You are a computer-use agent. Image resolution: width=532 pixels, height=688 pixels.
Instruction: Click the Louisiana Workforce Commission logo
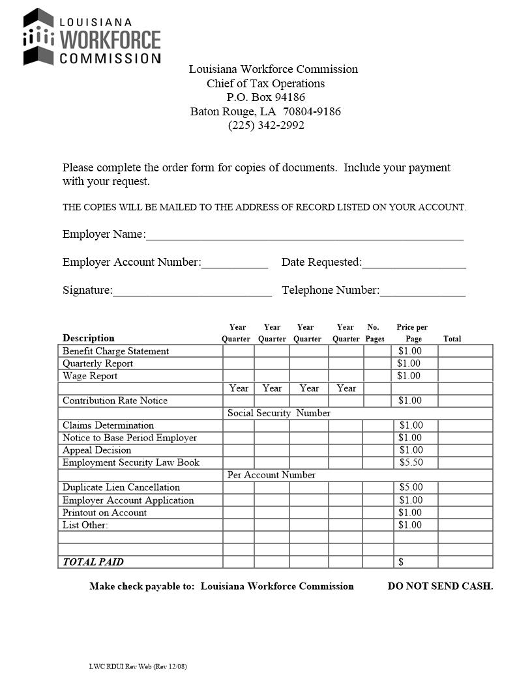pyautogui.click(x=91, y=37)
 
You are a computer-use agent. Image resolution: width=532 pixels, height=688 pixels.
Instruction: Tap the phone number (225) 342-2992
pyautogui.click(x=266, y=126)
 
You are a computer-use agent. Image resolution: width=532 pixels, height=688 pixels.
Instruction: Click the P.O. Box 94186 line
pyautogui.click(x=266, y=98)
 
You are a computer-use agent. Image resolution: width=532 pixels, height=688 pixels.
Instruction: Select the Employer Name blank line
pyautogui.click(x=304, y=235)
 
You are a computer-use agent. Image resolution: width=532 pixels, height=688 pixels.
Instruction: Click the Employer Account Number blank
pyautogui.click(x=235, y=263)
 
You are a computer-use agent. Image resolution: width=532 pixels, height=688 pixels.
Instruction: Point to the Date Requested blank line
pyautogui.click(x=414, y=263)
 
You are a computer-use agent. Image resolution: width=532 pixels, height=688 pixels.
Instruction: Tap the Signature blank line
pyautogui.click(x=192, y=291)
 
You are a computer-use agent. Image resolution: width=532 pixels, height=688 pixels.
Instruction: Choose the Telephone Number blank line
pyautogui.click(x=422, y=291)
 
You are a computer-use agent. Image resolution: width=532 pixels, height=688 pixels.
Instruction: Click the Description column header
pyautogui.click(x=89, y=338)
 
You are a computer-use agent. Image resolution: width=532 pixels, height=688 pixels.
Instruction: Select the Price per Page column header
pyautogui.click(x=412, y=333)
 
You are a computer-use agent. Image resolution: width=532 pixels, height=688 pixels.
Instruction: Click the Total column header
pyautogui.click(x=452, y=339)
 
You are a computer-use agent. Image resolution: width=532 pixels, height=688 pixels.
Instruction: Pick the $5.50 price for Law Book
pyautogui.click(x=411, y=463)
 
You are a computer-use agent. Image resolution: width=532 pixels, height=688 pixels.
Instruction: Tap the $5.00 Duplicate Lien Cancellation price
pyautogui.click(x=411, y=487)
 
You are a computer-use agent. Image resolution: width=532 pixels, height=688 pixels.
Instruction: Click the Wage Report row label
pyautogui.click(x=90, y=376)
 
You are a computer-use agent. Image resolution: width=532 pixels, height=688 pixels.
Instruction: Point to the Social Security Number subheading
pyautogui.click(x=278, y=413)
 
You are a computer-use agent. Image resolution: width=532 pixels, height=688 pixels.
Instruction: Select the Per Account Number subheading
pyautogui.click(x=271, y=475)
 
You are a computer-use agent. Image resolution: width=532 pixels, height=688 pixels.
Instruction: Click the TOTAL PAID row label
pyautogui.click(x=93, y=562)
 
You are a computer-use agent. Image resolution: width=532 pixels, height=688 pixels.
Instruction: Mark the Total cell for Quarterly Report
pyautogui.click(x=465, y=364)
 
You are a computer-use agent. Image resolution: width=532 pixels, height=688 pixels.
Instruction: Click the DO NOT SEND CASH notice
pyautogui.click(x=440, y=586)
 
